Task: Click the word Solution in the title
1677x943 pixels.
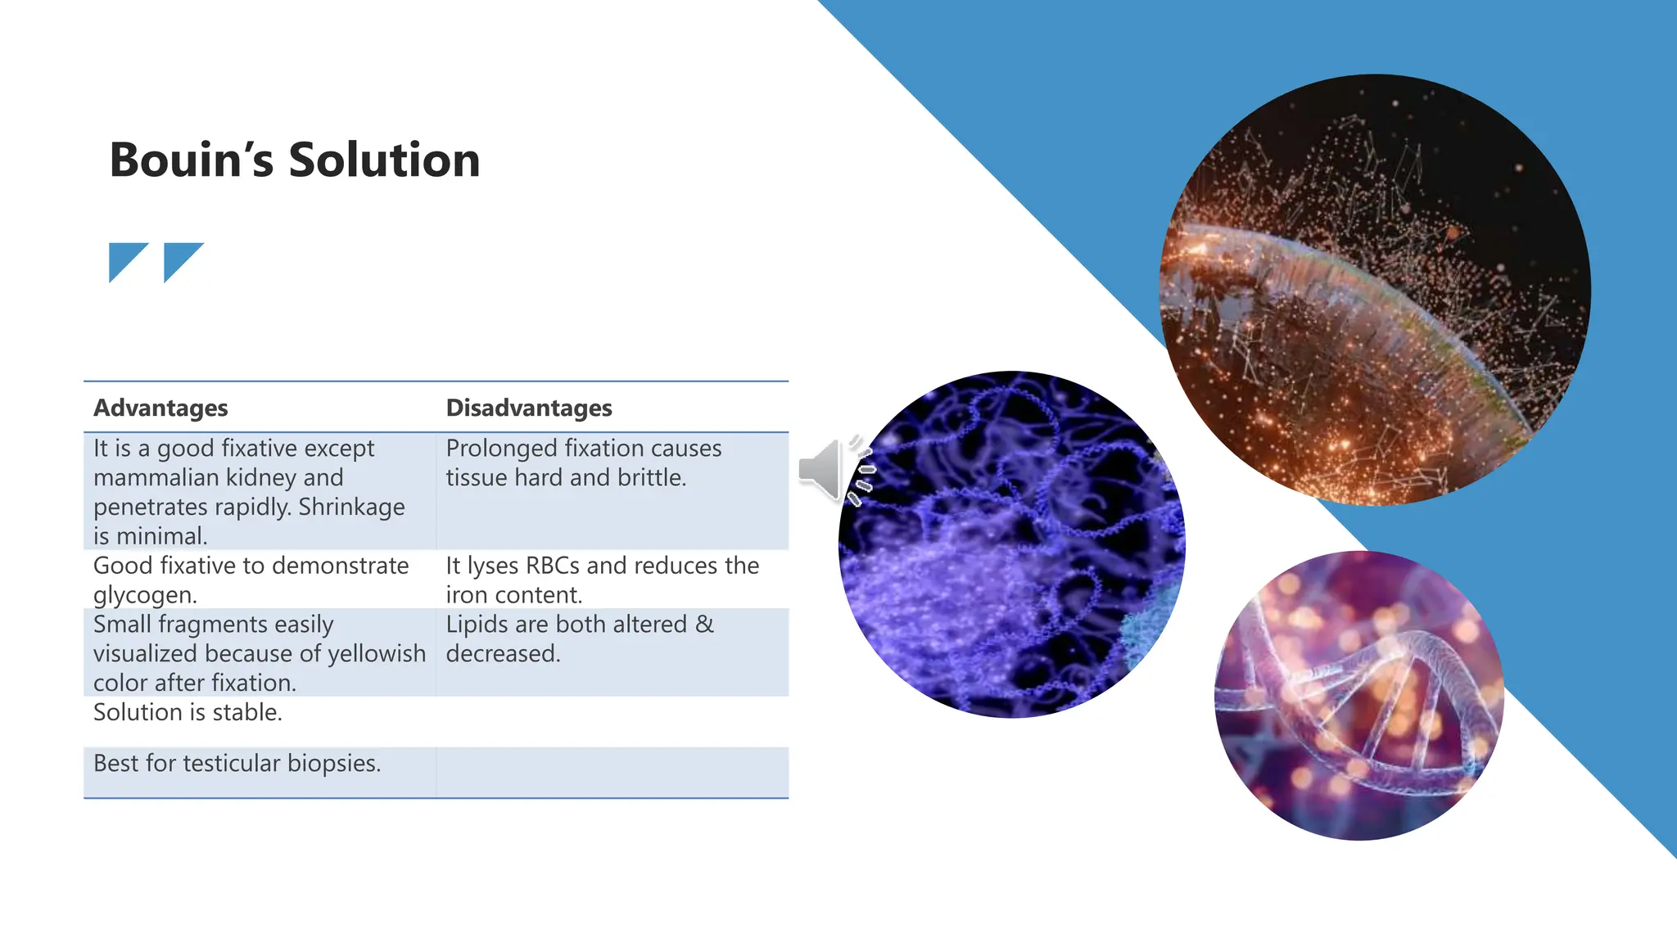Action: coord(384,160)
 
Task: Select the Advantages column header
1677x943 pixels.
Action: coord(160,408)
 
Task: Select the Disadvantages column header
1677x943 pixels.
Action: coord(529,408)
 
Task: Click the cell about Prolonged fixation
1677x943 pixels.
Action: coord(583,463)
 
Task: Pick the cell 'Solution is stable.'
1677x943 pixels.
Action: coord(188,712)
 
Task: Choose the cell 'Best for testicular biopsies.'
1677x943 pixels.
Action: coord(237,763)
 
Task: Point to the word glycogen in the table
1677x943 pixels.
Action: coord(144,595)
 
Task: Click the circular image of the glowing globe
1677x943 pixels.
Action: coord(1376,290)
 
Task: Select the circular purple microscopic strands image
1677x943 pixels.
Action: coord(1011,544)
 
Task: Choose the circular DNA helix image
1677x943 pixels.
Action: coord(1358,696)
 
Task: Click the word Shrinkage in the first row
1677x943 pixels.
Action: coord(351,507)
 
